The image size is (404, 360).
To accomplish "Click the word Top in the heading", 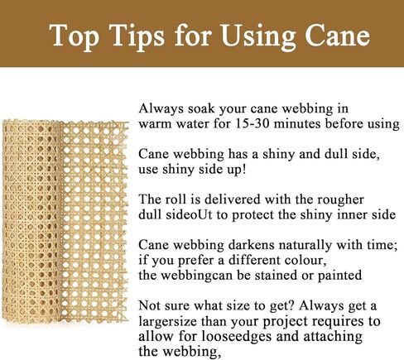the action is [x=74, y=36].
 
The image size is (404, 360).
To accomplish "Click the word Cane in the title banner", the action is [x=337, y=36].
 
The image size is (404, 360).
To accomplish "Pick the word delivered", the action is [x=232, y=199].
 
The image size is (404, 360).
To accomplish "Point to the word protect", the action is [x=253, y=215].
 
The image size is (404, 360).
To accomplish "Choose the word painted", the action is [x=339, y=276].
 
